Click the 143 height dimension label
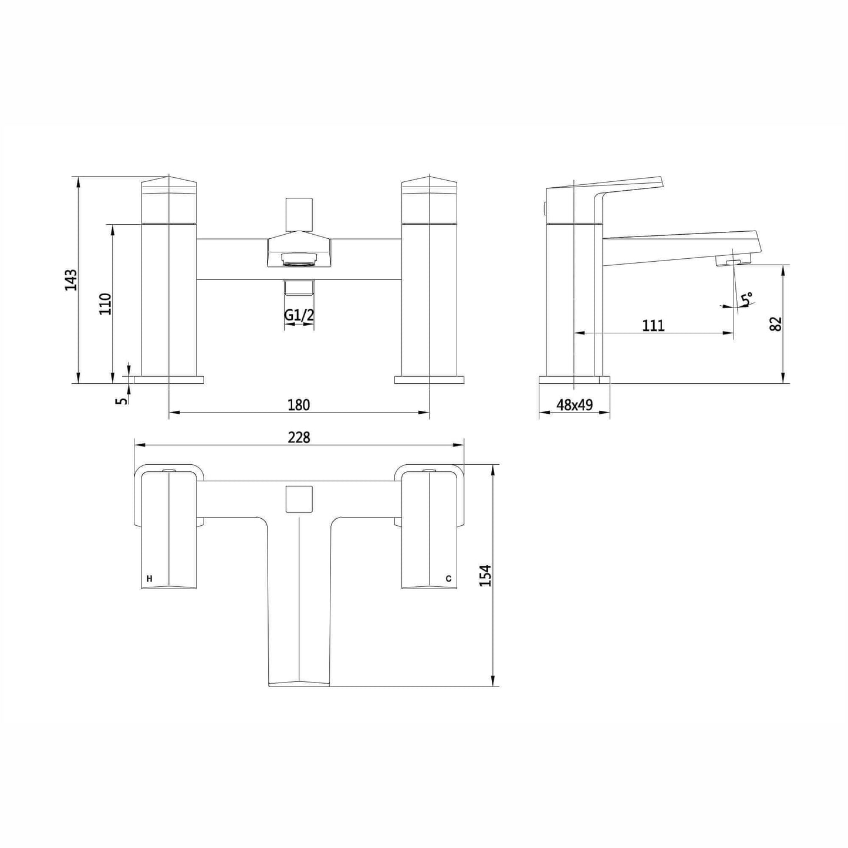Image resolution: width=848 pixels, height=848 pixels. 71,280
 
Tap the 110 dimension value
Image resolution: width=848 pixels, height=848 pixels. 106,303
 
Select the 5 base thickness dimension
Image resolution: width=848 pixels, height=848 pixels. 123,400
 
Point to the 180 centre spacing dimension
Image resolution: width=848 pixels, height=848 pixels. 299,404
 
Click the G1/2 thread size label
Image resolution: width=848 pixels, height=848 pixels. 299,315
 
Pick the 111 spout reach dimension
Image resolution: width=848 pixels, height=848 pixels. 654,326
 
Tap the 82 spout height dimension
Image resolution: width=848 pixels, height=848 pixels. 776,324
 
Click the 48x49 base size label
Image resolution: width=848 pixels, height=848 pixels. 575,404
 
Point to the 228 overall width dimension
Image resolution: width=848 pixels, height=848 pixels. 299,437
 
